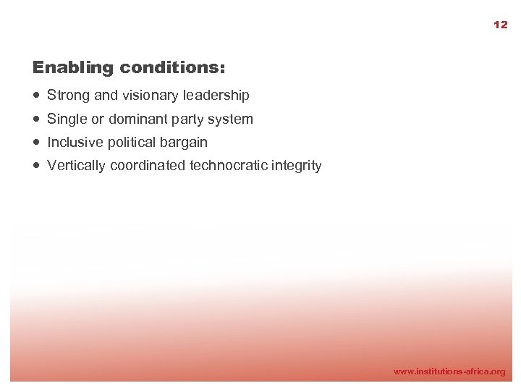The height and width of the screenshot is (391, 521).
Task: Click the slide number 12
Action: click(500, 25)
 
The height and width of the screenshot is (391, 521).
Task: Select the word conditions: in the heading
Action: click(173, 68)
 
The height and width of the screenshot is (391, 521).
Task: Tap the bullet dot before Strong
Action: click(36, 95)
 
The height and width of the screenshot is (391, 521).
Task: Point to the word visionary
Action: click(151, 95)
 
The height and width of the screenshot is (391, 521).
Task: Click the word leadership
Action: click(216, 95)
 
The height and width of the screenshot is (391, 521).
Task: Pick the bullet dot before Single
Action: click(36, 119)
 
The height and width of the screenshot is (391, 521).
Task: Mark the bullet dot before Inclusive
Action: click(36, 142)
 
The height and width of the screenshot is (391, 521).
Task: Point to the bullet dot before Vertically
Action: click(36, 166)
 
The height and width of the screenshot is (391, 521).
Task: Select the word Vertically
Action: click(77, 166)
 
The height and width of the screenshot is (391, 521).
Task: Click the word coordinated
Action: click(148, 166)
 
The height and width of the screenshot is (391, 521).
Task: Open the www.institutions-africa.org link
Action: click(449, 371)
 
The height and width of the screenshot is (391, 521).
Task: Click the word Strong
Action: click(68, 96)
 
